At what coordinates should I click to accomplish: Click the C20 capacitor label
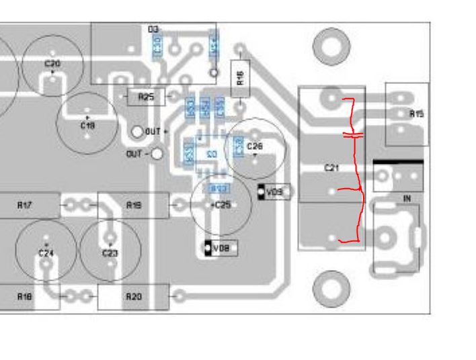pos(52,64)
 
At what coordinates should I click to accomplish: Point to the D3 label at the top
pos(153,30)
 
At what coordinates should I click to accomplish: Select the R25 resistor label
pos(146,97)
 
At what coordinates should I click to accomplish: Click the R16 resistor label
pos(240,77)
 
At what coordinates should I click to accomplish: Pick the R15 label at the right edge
pos(416,114)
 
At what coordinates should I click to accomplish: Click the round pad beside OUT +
pos(137,132)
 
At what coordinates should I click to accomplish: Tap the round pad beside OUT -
pos(157,154)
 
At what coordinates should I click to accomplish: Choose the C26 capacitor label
pos(255,146)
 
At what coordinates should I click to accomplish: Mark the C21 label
pos(331,168)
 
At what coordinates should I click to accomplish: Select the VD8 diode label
pos(221,249)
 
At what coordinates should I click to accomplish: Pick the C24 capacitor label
pos(45,253)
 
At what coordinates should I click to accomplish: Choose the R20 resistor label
pos(133,296)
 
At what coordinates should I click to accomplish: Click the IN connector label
pos(407,199)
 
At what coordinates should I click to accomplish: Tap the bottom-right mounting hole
pos(331,289)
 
